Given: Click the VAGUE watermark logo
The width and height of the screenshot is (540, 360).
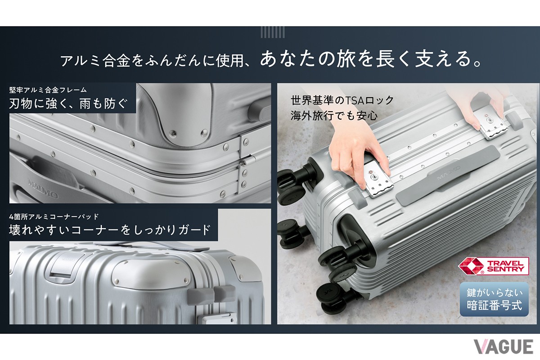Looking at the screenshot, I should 503,346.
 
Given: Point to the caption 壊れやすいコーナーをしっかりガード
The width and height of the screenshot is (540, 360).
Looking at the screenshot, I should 110,229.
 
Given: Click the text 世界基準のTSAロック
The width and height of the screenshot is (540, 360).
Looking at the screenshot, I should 342,100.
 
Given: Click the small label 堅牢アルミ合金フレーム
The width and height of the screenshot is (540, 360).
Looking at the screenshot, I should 48,89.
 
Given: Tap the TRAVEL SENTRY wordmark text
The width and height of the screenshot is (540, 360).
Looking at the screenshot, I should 507,266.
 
